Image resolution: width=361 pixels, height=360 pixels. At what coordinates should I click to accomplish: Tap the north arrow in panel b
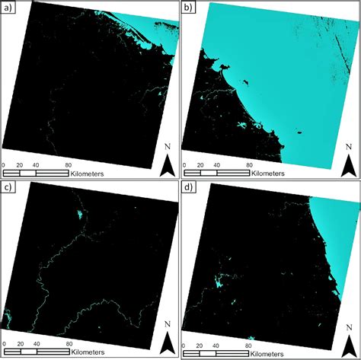click(x=347, y=164)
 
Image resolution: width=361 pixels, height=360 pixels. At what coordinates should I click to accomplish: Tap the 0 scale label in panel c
click(x=4, y=343)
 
